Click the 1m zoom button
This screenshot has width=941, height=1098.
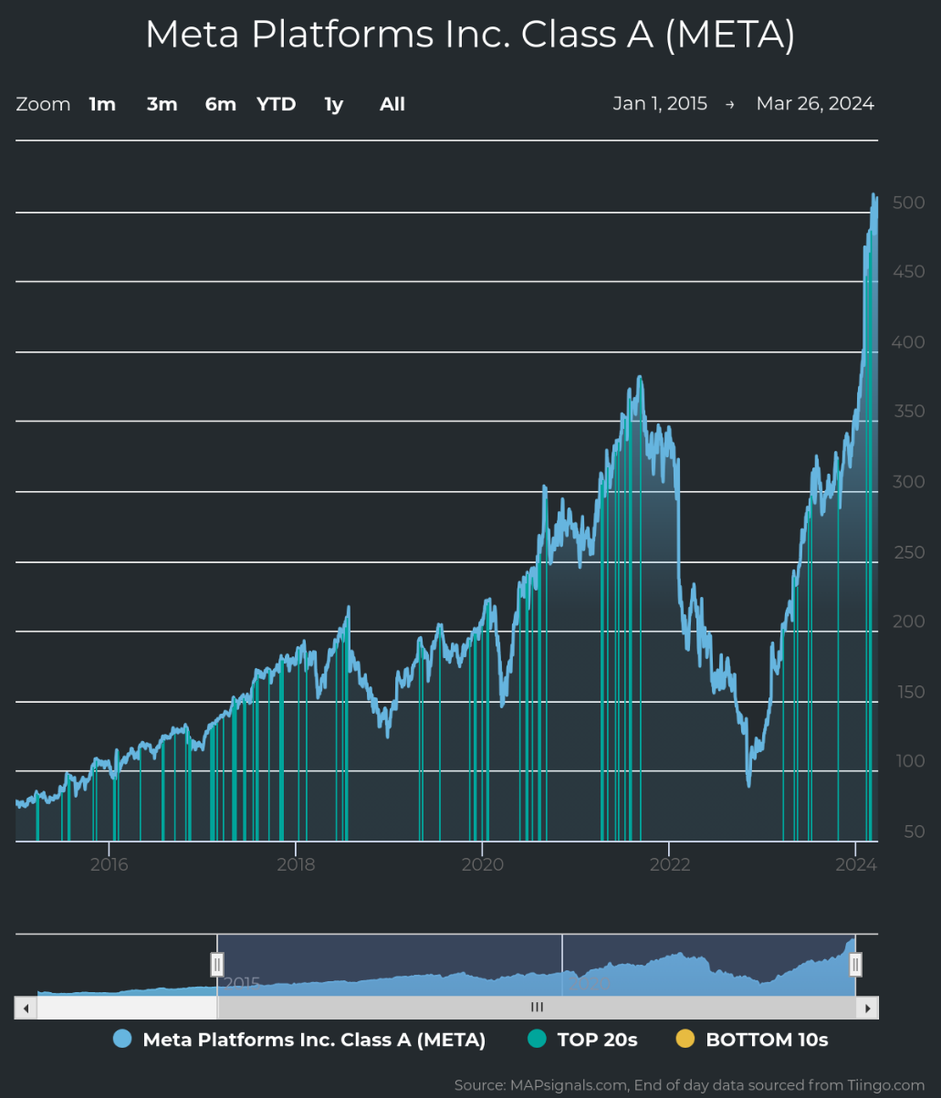click(102, 104)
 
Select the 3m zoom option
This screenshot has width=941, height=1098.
click(162, 104)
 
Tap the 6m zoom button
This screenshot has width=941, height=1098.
click(220, 104)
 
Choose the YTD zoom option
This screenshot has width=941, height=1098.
click(276, 104)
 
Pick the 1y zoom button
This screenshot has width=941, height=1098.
click(333, 104)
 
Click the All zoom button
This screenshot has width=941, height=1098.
click(392, 104)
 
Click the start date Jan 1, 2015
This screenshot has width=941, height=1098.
click(660, 103)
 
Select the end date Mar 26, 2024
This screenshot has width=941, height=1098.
click(815, 103)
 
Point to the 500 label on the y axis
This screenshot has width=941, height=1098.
click(908, 203)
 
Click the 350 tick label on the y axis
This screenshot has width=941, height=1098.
click(908, 412)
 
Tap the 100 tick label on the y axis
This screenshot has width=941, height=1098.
click(908, 761)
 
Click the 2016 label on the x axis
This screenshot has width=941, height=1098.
click(109, 864)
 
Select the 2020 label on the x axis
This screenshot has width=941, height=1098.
click(482, 864)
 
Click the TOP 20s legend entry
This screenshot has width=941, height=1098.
click(597, 1040)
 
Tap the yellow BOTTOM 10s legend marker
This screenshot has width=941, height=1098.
click(685, 1039)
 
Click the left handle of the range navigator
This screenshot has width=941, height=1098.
click(217, 964)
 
